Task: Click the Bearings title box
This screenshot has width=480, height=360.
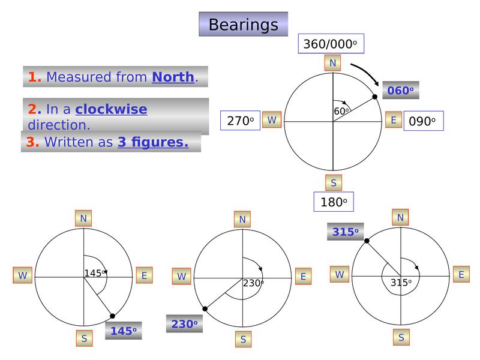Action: coord(243,25)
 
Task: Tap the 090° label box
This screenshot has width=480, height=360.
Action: coord(423,121)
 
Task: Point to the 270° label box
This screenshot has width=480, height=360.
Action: coord(240,121)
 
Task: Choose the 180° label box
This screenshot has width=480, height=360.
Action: coord(334,202)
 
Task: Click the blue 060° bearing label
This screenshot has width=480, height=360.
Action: coord(400,91)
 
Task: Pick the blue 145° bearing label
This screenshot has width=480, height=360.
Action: coord(123,331)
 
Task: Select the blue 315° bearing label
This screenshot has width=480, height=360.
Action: coord(345,232)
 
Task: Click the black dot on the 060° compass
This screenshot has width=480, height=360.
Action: coord(375,97)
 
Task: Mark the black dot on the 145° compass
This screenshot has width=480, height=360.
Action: coord(112,316)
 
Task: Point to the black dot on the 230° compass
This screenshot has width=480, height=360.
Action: coord(205,308)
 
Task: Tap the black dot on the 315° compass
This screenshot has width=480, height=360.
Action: coord(366,241)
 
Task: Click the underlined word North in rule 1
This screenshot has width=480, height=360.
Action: coord(173,77)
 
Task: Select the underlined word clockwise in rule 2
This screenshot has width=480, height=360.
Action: coord(111,109)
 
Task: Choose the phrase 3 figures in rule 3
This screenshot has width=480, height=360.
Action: coord(153,143)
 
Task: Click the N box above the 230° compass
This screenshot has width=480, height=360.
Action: coord(242,220)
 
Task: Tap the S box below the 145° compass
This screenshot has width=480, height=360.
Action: coord(84,338)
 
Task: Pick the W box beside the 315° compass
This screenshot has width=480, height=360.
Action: coord(340,274)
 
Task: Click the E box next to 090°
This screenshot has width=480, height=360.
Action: coord(394,120)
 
